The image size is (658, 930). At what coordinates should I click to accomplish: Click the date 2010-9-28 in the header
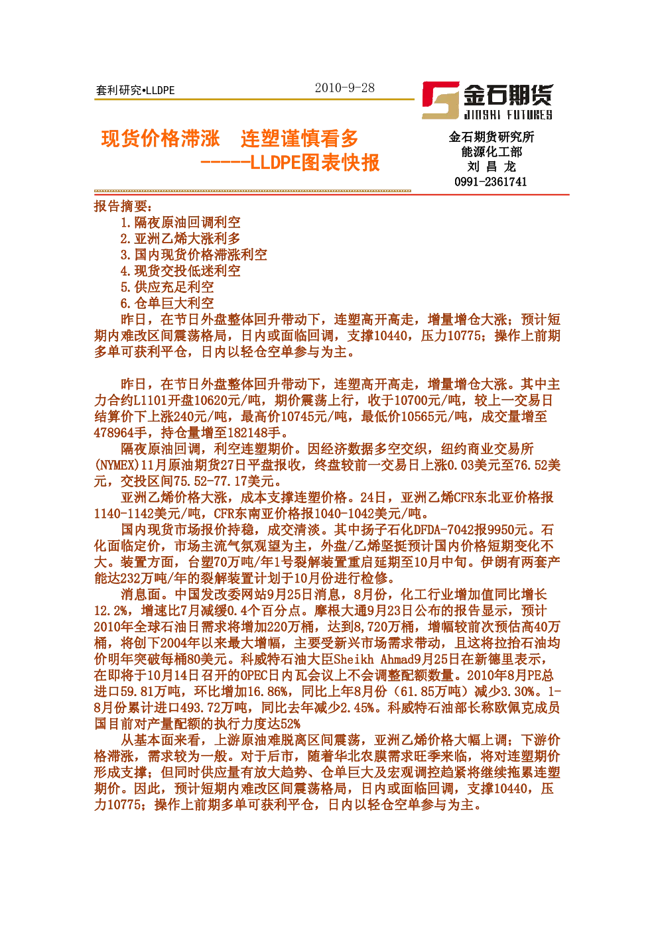[344, 87]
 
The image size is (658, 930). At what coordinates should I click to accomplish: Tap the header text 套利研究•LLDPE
[135, 90]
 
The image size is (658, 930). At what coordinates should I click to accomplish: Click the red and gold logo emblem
[440, 100]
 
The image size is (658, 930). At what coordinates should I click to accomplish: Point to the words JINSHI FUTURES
[507, 115]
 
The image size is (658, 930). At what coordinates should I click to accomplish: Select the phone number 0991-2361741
[491, 182]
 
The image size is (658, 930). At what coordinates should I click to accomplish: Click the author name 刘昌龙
[491, 166]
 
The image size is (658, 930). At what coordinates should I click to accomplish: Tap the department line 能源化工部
[492, 152]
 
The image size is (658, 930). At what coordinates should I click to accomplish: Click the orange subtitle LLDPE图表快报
[315, 162]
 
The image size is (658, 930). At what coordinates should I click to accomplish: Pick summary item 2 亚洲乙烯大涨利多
[180, 239]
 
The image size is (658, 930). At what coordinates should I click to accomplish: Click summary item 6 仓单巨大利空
[167, 303]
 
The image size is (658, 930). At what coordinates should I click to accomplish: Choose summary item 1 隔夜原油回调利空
[180, 222]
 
